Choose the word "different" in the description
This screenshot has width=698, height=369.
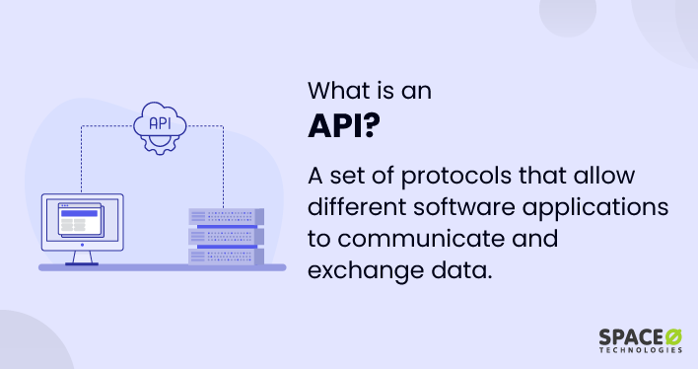tap(357, 207)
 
